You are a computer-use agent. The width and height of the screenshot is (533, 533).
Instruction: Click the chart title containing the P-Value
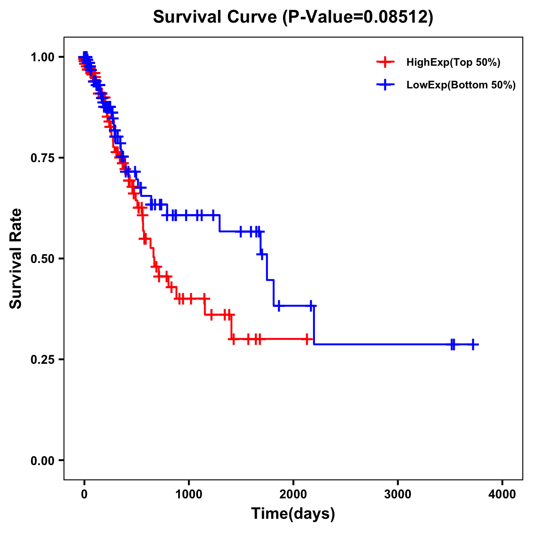293,17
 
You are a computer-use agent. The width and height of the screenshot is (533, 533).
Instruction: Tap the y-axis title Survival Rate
16,259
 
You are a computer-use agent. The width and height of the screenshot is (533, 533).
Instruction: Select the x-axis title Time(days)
293,514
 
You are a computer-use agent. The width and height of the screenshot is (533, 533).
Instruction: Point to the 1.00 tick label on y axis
43,57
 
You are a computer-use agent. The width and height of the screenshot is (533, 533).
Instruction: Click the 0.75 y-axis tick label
43,158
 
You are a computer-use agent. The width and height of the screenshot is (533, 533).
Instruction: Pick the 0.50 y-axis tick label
43,259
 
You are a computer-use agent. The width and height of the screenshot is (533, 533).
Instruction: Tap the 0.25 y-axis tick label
43,360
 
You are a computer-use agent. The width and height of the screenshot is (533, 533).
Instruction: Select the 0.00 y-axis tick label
43,461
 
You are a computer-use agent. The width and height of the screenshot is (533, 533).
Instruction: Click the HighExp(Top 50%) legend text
453,63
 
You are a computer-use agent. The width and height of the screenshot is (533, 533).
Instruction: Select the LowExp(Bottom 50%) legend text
461,85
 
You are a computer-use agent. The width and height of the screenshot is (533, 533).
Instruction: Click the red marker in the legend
385,62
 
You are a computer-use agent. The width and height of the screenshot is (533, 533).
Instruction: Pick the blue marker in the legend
385,85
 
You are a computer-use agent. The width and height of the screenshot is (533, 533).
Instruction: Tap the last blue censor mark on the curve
473,344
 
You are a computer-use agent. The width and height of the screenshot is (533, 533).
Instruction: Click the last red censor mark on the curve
307,339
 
